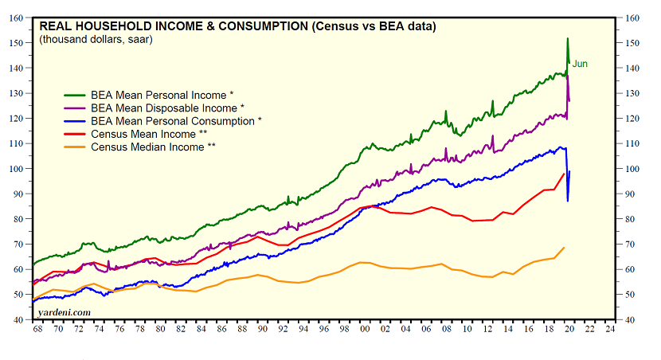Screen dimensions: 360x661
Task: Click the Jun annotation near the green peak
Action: click(581, 65)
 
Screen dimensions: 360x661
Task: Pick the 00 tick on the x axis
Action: click(365, 329)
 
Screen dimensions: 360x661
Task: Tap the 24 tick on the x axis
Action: click(611, 329)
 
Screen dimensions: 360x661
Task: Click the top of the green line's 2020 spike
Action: click(567, 38)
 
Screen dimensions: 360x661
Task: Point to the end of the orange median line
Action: click(565, 248)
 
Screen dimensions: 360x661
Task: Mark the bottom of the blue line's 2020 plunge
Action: click(567, 201)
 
